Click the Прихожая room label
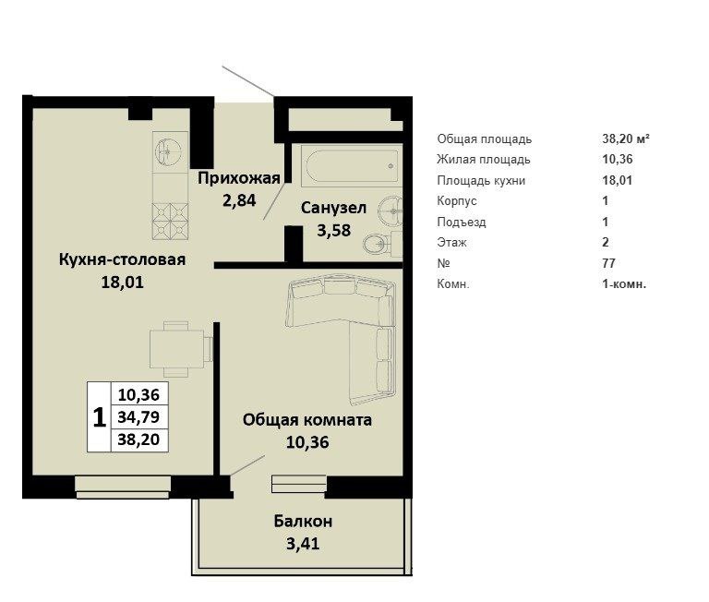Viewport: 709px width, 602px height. point(239,178)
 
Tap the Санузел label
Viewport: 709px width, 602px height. point(333,208)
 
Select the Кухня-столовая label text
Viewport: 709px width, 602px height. point(122,259)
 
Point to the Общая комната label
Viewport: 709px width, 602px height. point(307,420)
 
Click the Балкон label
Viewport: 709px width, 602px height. point(303,522)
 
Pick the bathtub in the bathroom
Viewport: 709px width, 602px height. point(352,166)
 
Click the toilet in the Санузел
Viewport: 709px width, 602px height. point(377,245)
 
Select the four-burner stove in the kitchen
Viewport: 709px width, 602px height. point(170,221)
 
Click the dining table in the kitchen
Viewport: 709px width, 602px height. point(176,349)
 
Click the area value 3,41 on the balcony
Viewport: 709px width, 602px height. point(303,543)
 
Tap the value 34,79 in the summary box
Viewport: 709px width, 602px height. point(138,416)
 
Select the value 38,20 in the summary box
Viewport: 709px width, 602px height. point(138,439)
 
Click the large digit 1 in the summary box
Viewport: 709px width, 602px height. point(99,417)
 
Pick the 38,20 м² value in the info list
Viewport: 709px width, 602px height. point(626,138)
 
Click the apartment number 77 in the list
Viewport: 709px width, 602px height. point(608,263)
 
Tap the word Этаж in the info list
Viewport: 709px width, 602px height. point(451,243)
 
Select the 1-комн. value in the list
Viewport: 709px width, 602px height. point(624,284)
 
